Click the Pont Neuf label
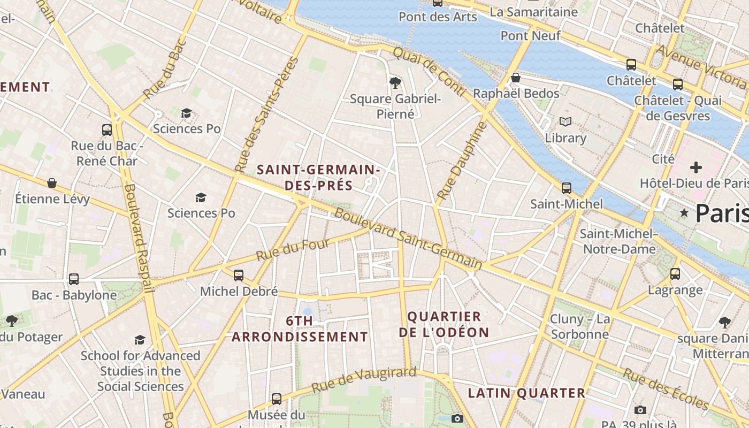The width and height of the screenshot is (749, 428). [530, 35]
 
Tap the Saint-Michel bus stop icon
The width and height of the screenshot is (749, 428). [566, 188]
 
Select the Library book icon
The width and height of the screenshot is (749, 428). [565, 122]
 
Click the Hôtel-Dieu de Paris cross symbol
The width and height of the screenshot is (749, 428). [695, 167]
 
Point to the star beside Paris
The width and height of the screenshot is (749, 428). [684, 213]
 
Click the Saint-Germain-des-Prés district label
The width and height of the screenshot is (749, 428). [318, 178]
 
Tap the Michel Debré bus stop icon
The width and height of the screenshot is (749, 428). [239, 276]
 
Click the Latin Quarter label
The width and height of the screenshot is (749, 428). [527, 393]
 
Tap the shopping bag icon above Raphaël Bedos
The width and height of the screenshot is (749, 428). [516, 78]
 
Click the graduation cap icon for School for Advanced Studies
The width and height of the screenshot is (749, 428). [140, 340]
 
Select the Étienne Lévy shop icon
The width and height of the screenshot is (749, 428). [52, 184]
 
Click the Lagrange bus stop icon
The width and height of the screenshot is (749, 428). [675, 274]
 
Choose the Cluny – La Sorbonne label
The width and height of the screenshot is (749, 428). [580, 327]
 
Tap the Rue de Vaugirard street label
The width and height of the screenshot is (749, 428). [363, 379]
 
